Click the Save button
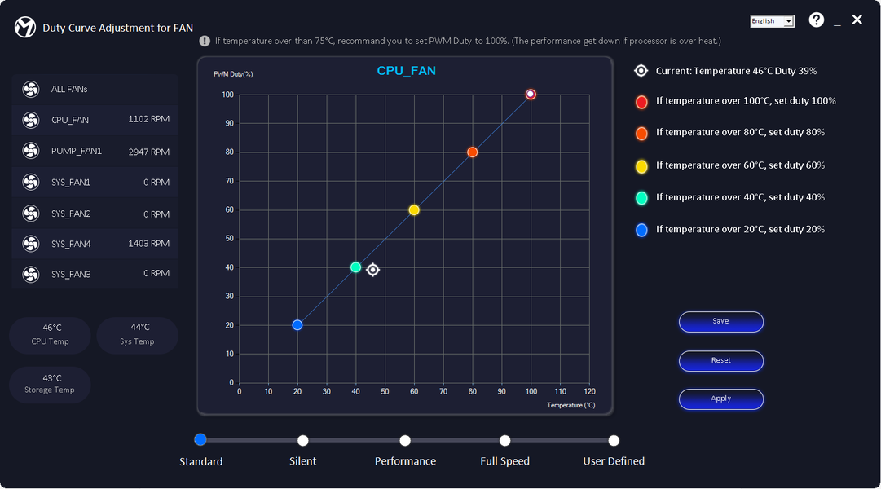pos(720,322)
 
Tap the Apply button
pos(720,399)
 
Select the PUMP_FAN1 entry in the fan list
pos(95,152)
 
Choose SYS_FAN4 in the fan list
pos(95,244)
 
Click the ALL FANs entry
pos(95,89)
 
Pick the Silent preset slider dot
pos(303,441)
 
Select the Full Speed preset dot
pos(505,441)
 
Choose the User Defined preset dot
pos(614,441)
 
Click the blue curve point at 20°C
pos(297,325)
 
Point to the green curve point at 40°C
pos(355,267)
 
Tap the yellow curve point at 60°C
pos(414,210)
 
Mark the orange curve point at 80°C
pos(472,152)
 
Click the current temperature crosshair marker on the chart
pos(372,270)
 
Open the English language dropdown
pos(772,21)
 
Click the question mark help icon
pos(816,20)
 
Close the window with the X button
pos(857,20)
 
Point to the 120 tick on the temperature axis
pos(589,392)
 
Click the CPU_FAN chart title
pos(406,71)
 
